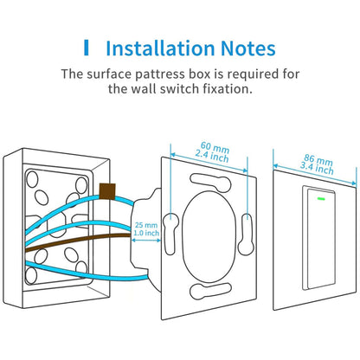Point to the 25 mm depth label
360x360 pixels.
pos(146,226)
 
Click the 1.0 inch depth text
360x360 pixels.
pos(146,235)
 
